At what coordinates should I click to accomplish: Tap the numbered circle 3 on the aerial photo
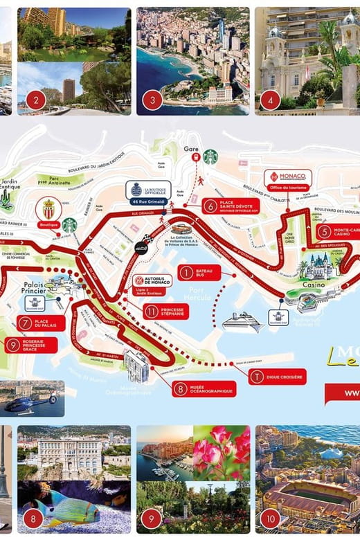pyautogui.click(x=152, y=101)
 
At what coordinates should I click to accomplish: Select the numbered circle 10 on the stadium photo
pyautogui.click(x=271, y=517)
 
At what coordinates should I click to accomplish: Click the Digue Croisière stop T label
pyautogui.click(x=277, y=376)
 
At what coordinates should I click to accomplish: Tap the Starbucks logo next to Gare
pyautogui.click(x=210, y=157)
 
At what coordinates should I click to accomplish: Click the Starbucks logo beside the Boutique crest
pyautogui.click(x=69, y=225)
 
